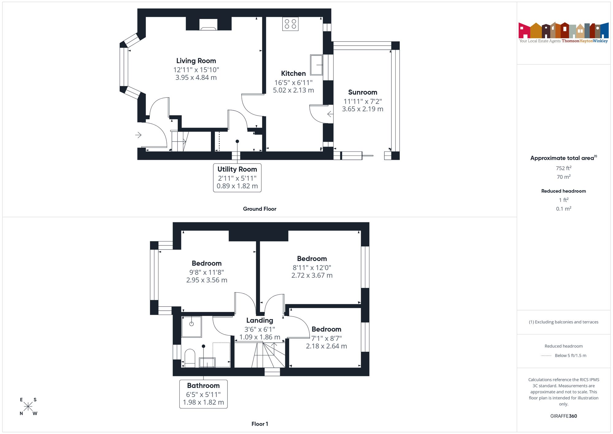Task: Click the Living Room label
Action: click(x=196, y=61)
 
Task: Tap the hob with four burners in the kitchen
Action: click(x=290, y=24)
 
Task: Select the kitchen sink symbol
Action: click(x=316, y=65)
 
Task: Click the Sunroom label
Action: click(x=363, y=92)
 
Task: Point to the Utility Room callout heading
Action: click(x=237, y=169)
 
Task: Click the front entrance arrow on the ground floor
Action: click(x=138, y=135)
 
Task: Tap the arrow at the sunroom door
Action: click(x=330, y=114)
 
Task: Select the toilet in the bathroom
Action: click(x=190, y=358)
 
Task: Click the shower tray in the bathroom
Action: click(x=192, y=327)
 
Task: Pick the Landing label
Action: click(x=260, y=321)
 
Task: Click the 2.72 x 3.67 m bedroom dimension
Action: click(x=312, y=275)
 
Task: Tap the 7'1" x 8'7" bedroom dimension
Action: click(x=326, y=338)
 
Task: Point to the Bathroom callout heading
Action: click(x=204, y=386)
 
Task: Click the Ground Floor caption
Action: click(x=260, y=209)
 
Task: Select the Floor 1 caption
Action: click(x=260, y=424)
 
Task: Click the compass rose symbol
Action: click(x=28, y=407)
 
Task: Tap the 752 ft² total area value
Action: click(x=563, y=168)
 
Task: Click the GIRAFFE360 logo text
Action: click(x=563, y=416)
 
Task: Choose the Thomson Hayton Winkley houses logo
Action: click(x=563, y=33)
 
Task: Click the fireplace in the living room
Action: click(x=208, y=25)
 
